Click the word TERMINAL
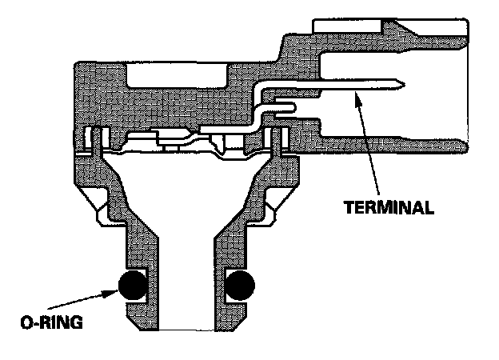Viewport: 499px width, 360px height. pyautogui.click(x=389, y=207)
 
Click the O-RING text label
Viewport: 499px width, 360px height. pyautogui.click(x=51, y=326)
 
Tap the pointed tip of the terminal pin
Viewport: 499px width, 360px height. pyautogui.click(x=402, y=83)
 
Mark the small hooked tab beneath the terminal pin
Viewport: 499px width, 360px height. pyautogui.click(x=286, y=106)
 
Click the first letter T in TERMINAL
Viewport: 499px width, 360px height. pyautogui.click(x=349, y=207)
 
